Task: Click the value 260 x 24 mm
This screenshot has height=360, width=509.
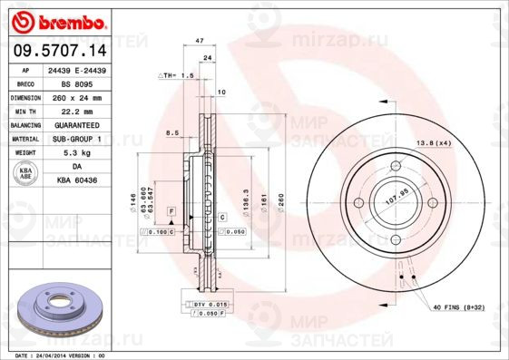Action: click(76, 97)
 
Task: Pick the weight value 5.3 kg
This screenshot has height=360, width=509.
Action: click(76, 153)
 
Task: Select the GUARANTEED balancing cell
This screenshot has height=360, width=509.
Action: click(76, 124)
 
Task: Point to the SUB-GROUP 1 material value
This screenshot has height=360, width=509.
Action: click(76, 139)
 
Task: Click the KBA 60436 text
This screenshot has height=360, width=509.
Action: click(76, 181)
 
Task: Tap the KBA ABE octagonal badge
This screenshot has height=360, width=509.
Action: click(26, 174)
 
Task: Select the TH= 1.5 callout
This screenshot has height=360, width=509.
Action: click(178, 75)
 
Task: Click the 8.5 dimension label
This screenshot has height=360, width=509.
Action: click(171, 134)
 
